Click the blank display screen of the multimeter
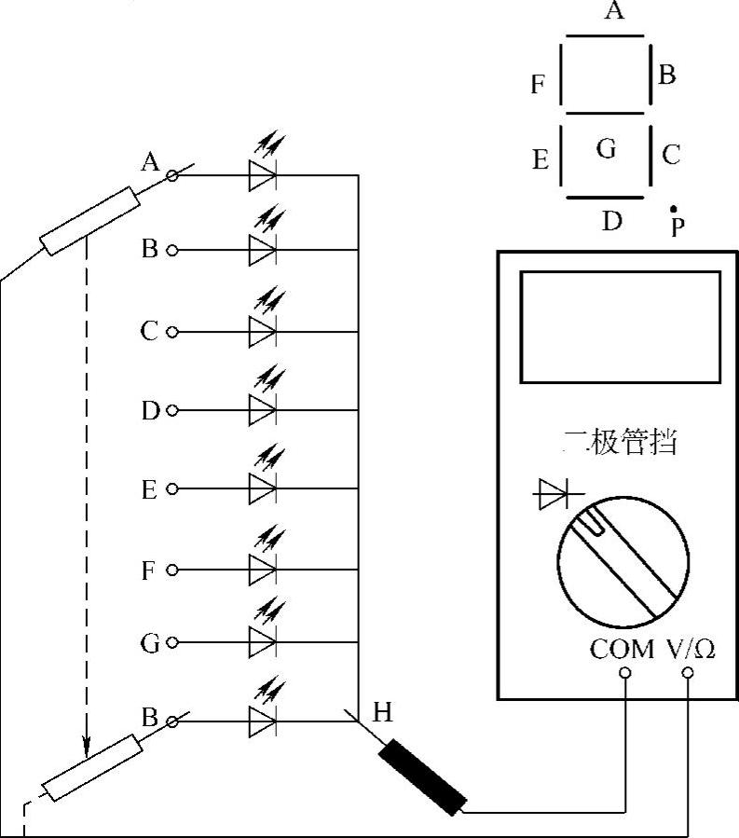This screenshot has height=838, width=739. coord(620,326)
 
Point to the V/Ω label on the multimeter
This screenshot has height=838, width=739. coord(690,649)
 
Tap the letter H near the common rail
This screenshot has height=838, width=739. coord(382,713)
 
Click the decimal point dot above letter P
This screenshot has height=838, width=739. coord(674,211)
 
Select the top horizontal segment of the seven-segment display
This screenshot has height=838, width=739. coord(606,36)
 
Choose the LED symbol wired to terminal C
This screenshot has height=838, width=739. coord(262,331)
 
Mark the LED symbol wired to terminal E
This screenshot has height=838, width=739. coord(262,488)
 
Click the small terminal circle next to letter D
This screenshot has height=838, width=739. coord(171,410)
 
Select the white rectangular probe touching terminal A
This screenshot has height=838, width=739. coord(89,221)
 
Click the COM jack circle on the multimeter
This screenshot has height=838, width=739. coord(623,671)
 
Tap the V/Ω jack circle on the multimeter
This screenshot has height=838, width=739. coord(689,671)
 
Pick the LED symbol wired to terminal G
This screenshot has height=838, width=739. coord(262,642)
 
